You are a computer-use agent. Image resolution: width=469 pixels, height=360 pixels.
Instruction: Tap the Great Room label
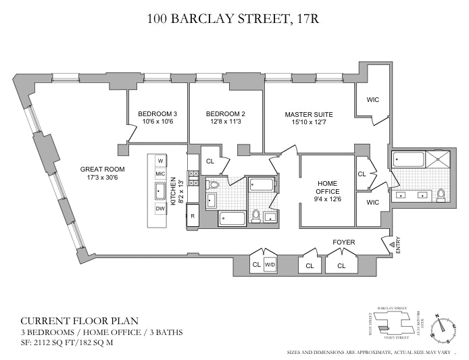pyautogui.click(x=99, y=170)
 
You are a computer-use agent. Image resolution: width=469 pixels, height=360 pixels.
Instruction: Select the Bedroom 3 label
pyautogui.click(x=157, y=113)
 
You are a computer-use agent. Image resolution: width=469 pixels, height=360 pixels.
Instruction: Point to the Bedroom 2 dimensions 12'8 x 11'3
pyautogui.click(x=225, y=122)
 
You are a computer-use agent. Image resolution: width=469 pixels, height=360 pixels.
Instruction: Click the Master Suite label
pyautogui.click(x=308, y=114)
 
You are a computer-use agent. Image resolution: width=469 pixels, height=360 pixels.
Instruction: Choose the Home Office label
pyautogui.click(x=328, y=187)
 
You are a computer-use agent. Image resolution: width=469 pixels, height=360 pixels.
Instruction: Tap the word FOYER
pyautogui.click(x=344, y=241)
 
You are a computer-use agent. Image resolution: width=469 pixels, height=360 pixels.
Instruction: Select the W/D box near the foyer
pyautogui.click(x=270, y=264)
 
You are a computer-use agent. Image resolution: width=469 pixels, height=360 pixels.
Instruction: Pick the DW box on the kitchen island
pyautogui.click(x=160, y=209)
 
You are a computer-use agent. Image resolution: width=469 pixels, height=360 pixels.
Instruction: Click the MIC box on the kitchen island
pyautogui.click(x=160, y=174)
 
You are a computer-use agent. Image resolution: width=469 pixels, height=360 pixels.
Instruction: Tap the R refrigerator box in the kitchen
pyautogui.click(x=193, y=216)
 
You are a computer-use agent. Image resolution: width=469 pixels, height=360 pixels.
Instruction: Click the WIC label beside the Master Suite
pyautogui.click(x=373, y=100)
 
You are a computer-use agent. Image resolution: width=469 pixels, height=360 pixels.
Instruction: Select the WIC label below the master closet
pyautogui.click(x=372, y=201)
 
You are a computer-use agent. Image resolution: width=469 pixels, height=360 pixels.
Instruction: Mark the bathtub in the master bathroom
pyautogui.click(x=409, y=161)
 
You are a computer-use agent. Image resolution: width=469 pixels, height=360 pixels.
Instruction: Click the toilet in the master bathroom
pyautogui.click(x=441, y=195)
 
